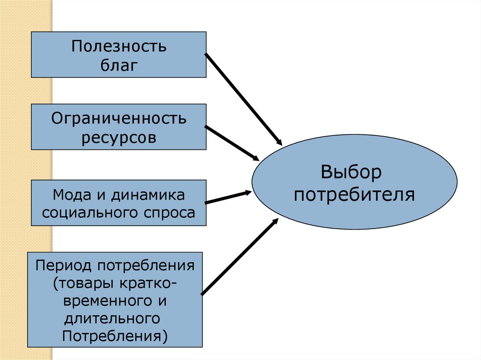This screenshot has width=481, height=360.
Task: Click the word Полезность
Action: [119, 47]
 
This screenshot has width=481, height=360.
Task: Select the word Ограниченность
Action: [119, 118]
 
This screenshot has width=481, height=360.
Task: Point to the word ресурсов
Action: [119, 138]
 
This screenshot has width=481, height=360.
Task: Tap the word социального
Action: [89, 213]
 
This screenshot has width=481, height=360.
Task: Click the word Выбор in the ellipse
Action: [351, 172]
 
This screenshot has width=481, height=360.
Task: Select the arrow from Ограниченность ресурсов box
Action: [233, 143]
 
